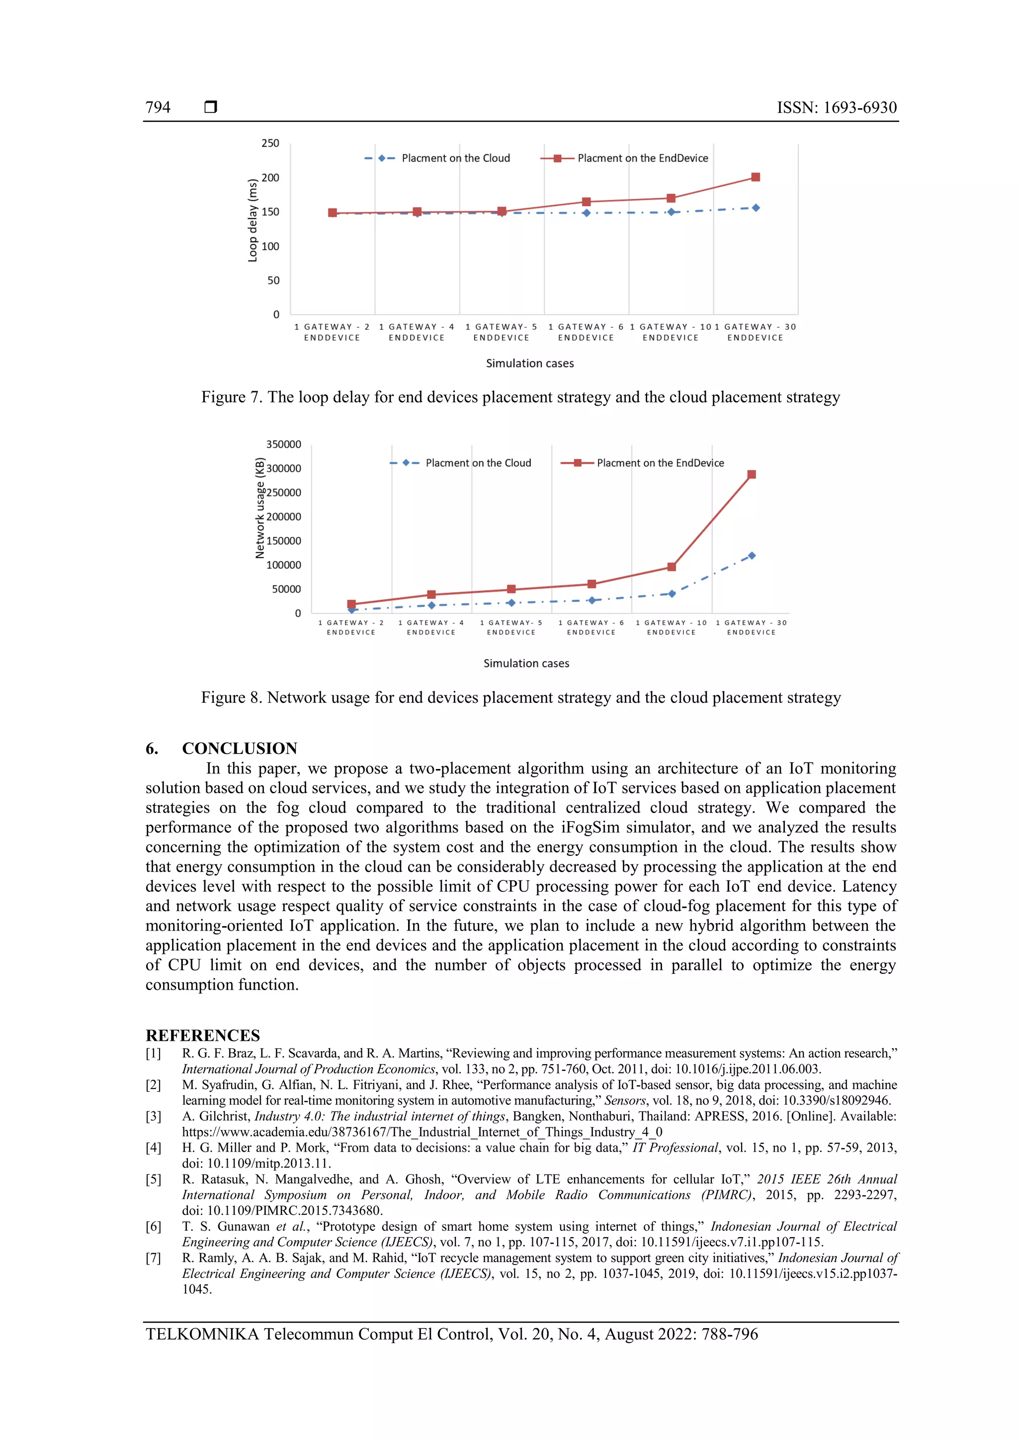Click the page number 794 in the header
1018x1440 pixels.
coord(158,107)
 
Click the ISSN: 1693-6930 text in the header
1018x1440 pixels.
coord(836,107)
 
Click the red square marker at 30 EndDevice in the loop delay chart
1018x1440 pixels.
coord(755,177)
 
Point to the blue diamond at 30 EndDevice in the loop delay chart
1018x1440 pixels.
coord(756,208)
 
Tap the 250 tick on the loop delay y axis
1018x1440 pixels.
coord(270,143)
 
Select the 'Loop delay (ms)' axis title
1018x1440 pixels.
coord(253,220)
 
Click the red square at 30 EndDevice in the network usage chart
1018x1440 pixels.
coord(752,475)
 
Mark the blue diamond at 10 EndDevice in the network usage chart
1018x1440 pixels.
coord(672,593)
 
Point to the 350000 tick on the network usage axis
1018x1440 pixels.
coord(283,444)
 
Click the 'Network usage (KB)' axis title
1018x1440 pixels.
coord(259,508)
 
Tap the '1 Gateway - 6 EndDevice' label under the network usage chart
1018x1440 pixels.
coord(591,627)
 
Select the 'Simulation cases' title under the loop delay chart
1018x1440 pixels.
coord(529,363)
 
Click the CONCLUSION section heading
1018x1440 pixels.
coord(239,748)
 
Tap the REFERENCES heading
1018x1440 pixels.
coord(203,1035)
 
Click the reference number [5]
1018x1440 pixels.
coord(153,1179)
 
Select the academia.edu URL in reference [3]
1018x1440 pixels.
coord(422,1132)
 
